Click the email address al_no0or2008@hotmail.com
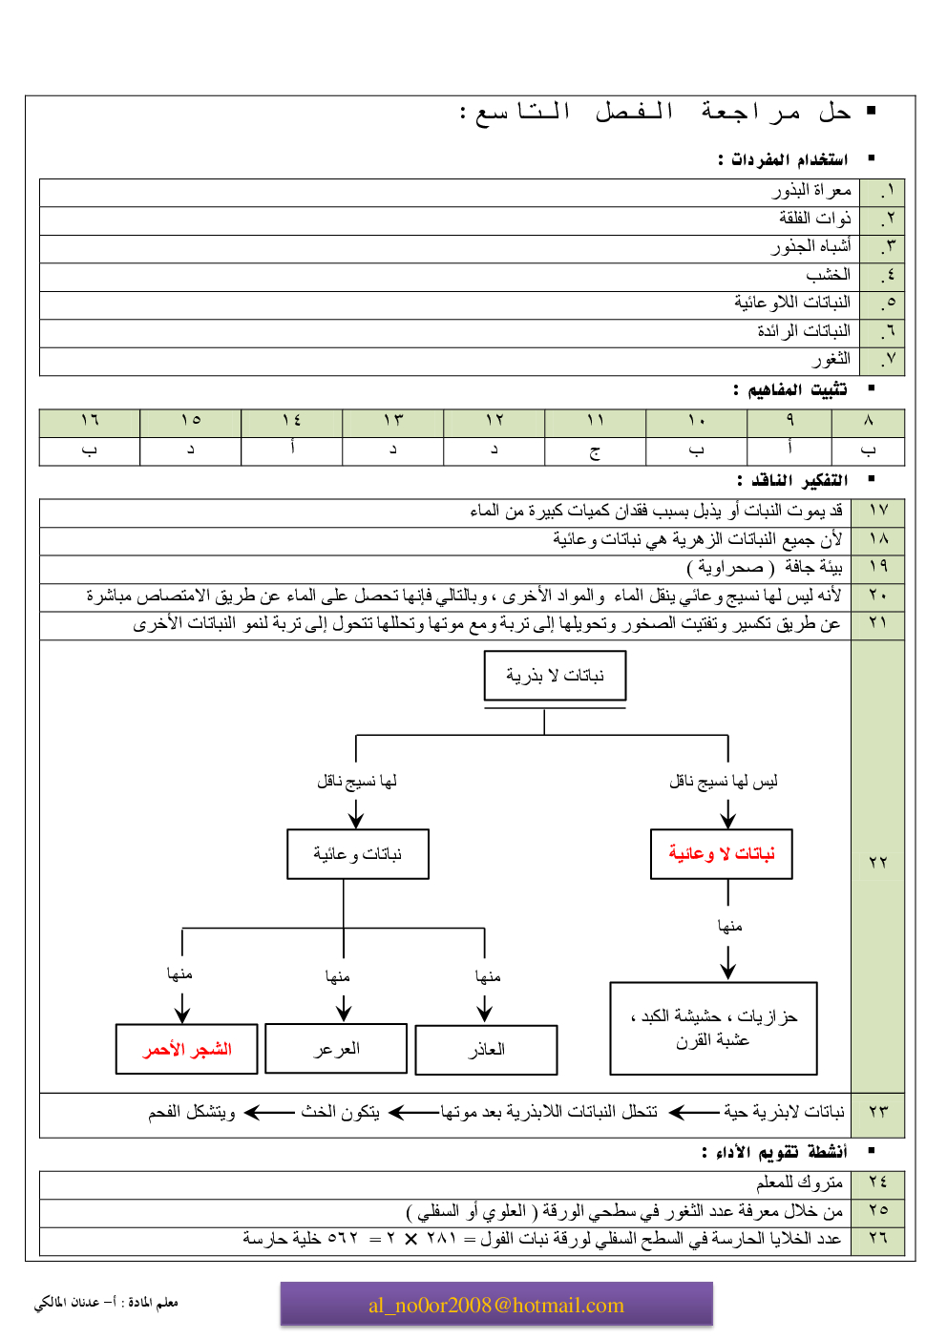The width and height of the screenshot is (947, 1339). (x=496, y=1306)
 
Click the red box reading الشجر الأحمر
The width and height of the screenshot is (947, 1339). (x=187, y=1049)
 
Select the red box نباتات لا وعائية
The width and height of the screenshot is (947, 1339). (x=722, y=853)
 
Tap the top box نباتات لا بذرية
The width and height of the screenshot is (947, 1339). (x=555, y=676)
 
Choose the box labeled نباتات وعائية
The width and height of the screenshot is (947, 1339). (x=358, y=853)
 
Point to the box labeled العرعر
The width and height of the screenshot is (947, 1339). (x=336, y=1049)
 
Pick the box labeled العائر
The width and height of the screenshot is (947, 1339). (x=486, y=1050)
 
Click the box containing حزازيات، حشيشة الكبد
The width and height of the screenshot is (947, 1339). (x=713, y=1028)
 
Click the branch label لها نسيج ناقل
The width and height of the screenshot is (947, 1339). (x=357, y=782)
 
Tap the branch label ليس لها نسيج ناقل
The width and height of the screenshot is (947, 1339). (x=724, y=782)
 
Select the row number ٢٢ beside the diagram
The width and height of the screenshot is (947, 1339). (x=878, y=862)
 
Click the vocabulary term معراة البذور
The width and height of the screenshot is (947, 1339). (x=811, y=191)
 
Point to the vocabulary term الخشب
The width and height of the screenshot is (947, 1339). (x=828, y=275)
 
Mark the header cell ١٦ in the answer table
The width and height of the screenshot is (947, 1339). (x=90, y=421)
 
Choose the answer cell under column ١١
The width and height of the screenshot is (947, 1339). (x=595, y=450)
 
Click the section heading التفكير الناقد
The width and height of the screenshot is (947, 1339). (x=792, y=480)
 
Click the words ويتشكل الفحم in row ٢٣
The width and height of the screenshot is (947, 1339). (x=191, y=1112)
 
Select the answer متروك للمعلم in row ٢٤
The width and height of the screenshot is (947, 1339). (x=799, y=1182)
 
